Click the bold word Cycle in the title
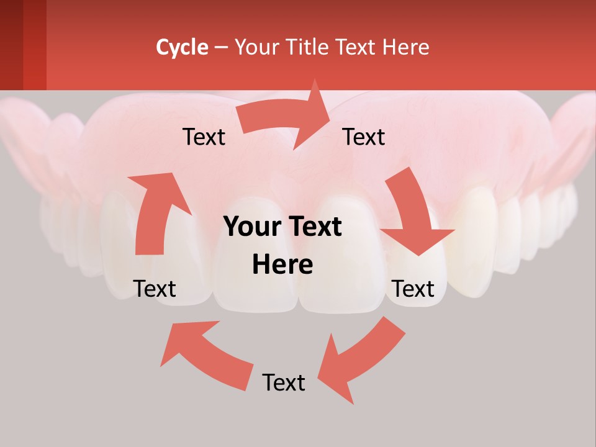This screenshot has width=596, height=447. pos(182,47)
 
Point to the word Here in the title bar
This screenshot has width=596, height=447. pos(406,47)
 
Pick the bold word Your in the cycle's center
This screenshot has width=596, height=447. pos(251,227)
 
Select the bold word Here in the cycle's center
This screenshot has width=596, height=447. pos(282,265)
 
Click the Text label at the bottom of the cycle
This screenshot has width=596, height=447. pos(284,382)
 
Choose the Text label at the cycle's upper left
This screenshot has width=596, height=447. pos(204,137)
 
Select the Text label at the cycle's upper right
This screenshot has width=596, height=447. pos(364,137)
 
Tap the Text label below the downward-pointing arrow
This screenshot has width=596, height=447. pos(413,289)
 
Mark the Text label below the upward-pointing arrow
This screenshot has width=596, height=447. pos(155,289)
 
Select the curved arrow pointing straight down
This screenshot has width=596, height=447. pos(413,214)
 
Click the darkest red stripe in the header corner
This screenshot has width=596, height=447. pos(11,43)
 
